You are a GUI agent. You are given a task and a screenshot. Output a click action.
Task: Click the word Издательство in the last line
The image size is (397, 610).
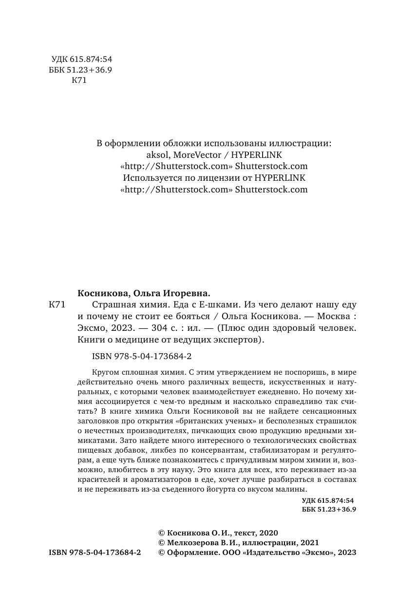tap(271, 553)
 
